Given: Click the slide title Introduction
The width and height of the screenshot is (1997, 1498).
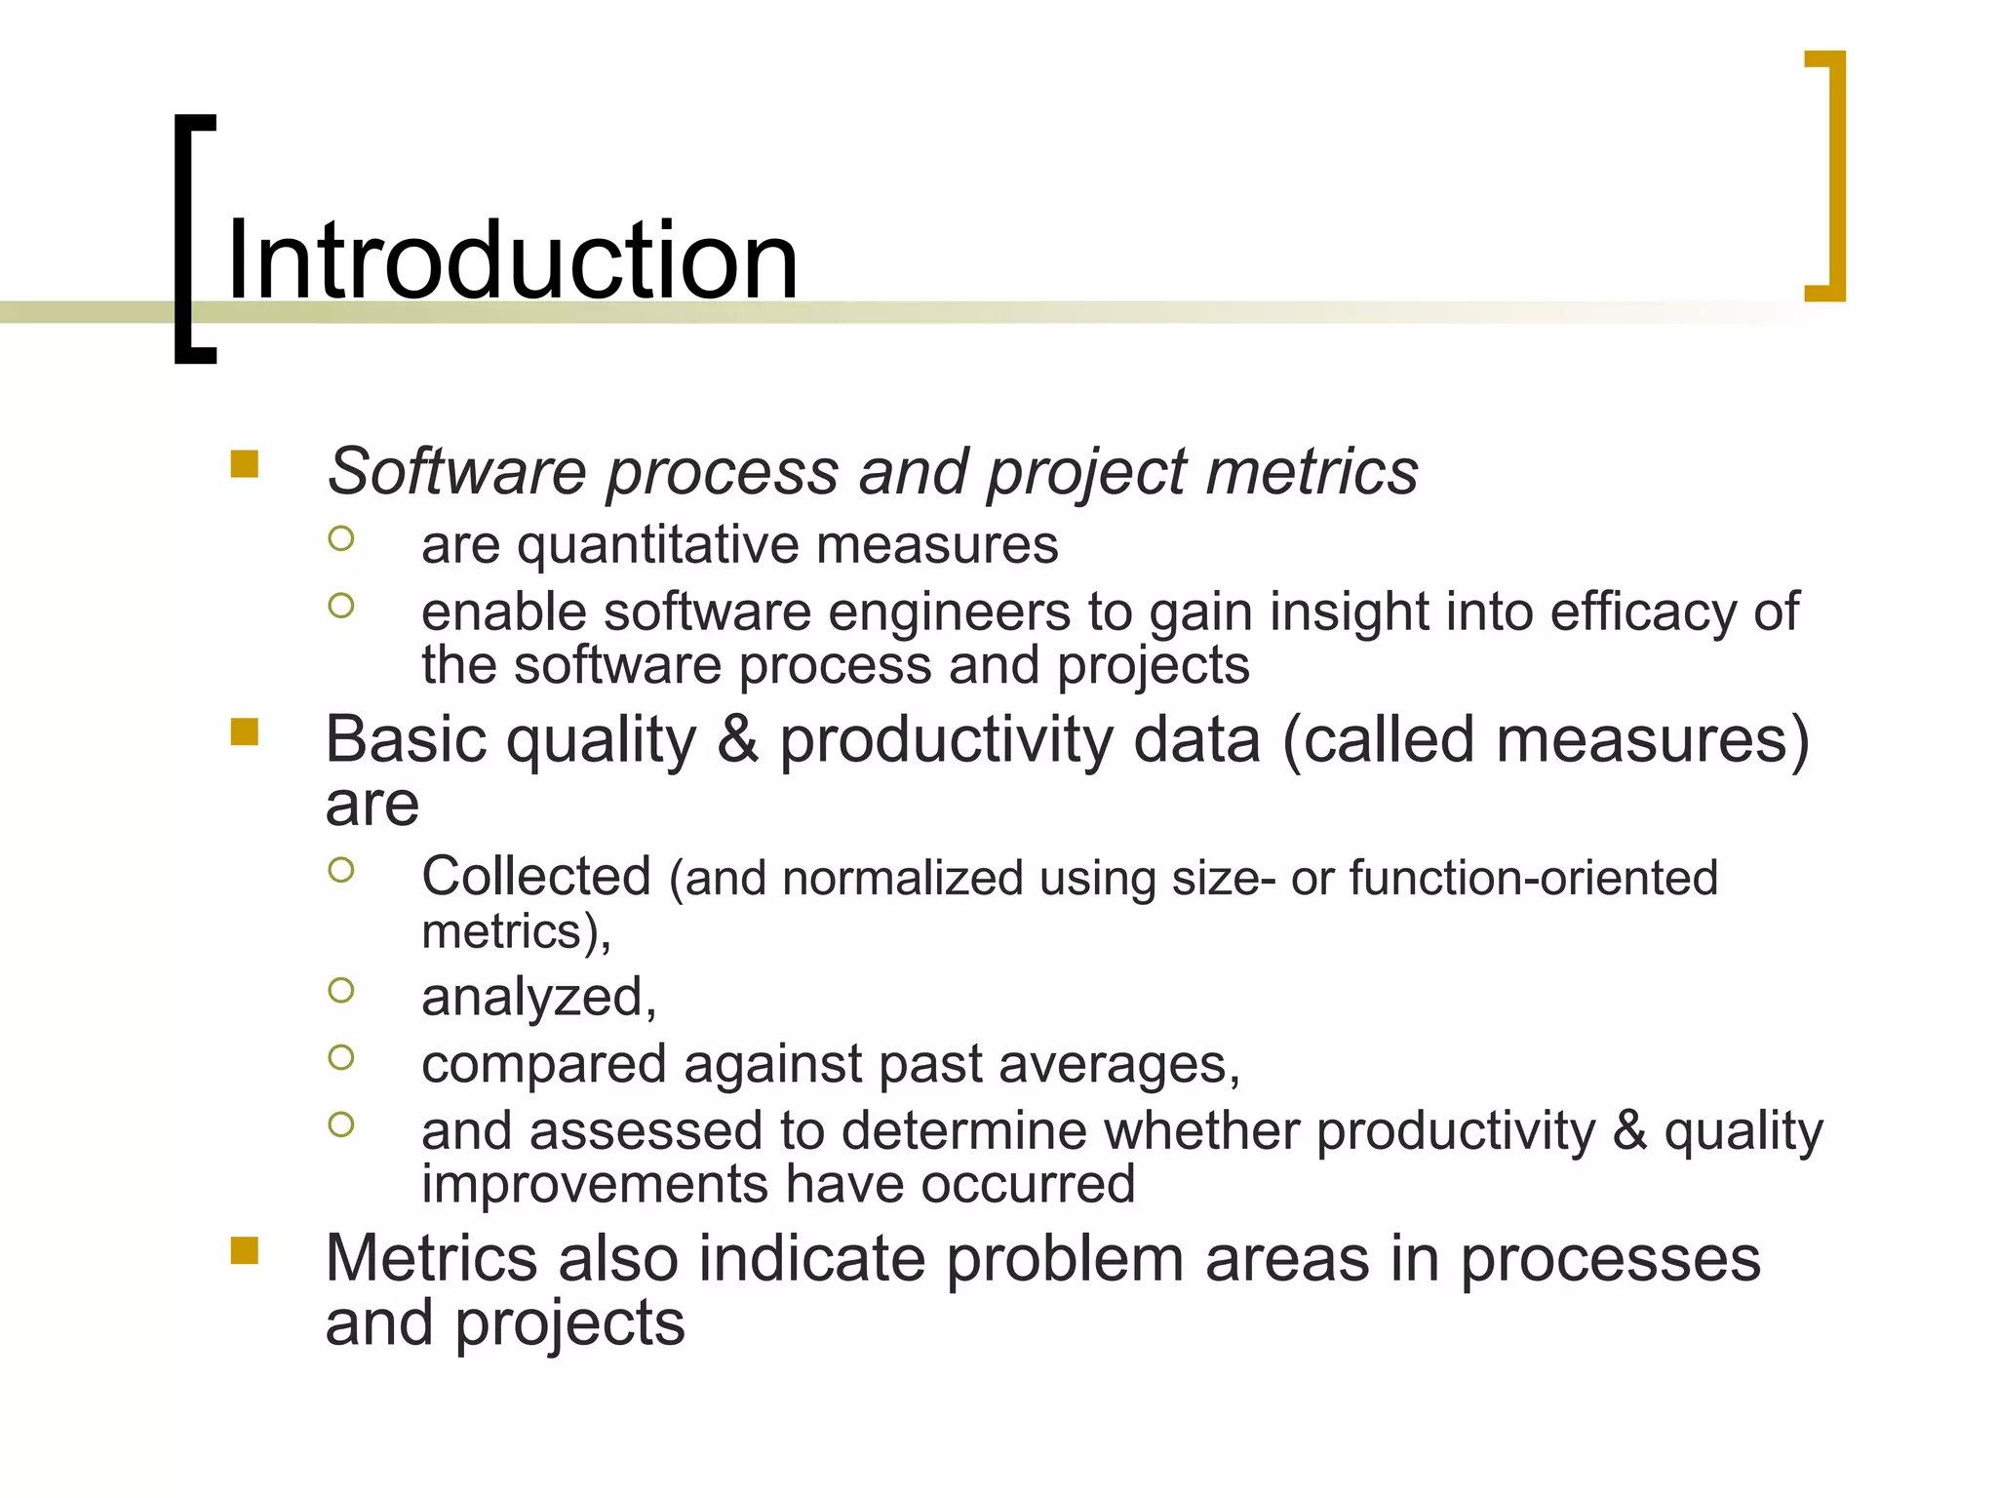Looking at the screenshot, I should click(x=512, y=260).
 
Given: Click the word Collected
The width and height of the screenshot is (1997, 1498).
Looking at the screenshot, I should click(x=535, y=876).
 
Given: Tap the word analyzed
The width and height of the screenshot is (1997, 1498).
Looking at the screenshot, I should click(x=537, y=998).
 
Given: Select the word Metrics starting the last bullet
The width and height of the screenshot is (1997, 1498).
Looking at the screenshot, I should click(x=430, y=1258).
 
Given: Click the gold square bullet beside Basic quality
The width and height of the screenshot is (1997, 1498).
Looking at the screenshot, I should click(x=245, y=731).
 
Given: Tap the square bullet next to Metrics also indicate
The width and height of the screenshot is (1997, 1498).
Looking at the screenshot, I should click(x=245, y=1250).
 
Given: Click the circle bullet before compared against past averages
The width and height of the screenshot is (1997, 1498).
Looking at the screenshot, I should click(x=341, y=1057).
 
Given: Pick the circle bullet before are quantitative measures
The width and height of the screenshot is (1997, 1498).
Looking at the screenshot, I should click(x=341, y=538).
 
